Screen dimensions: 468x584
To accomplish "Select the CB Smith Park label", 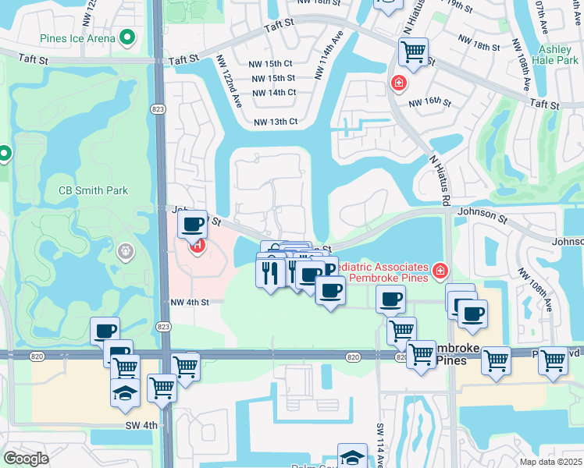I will (x=93, y=190).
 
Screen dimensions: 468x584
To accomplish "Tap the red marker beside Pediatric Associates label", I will (x=440, y=271).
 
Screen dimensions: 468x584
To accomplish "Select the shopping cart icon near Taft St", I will (x=412, y=52).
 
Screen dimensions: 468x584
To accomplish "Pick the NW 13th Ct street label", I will (x=276, y=122).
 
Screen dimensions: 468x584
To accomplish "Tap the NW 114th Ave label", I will (x=328, y=56).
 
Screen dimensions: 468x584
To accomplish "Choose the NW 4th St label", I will (x=191, y=302).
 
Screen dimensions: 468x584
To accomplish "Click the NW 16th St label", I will (x=435, y=102).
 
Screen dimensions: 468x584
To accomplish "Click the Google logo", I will (x=25, y=458).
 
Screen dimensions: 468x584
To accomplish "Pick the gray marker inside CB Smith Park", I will (x=124, y=252).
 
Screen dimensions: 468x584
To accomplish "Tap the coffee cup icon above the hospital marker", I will (x=193, y=225).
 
